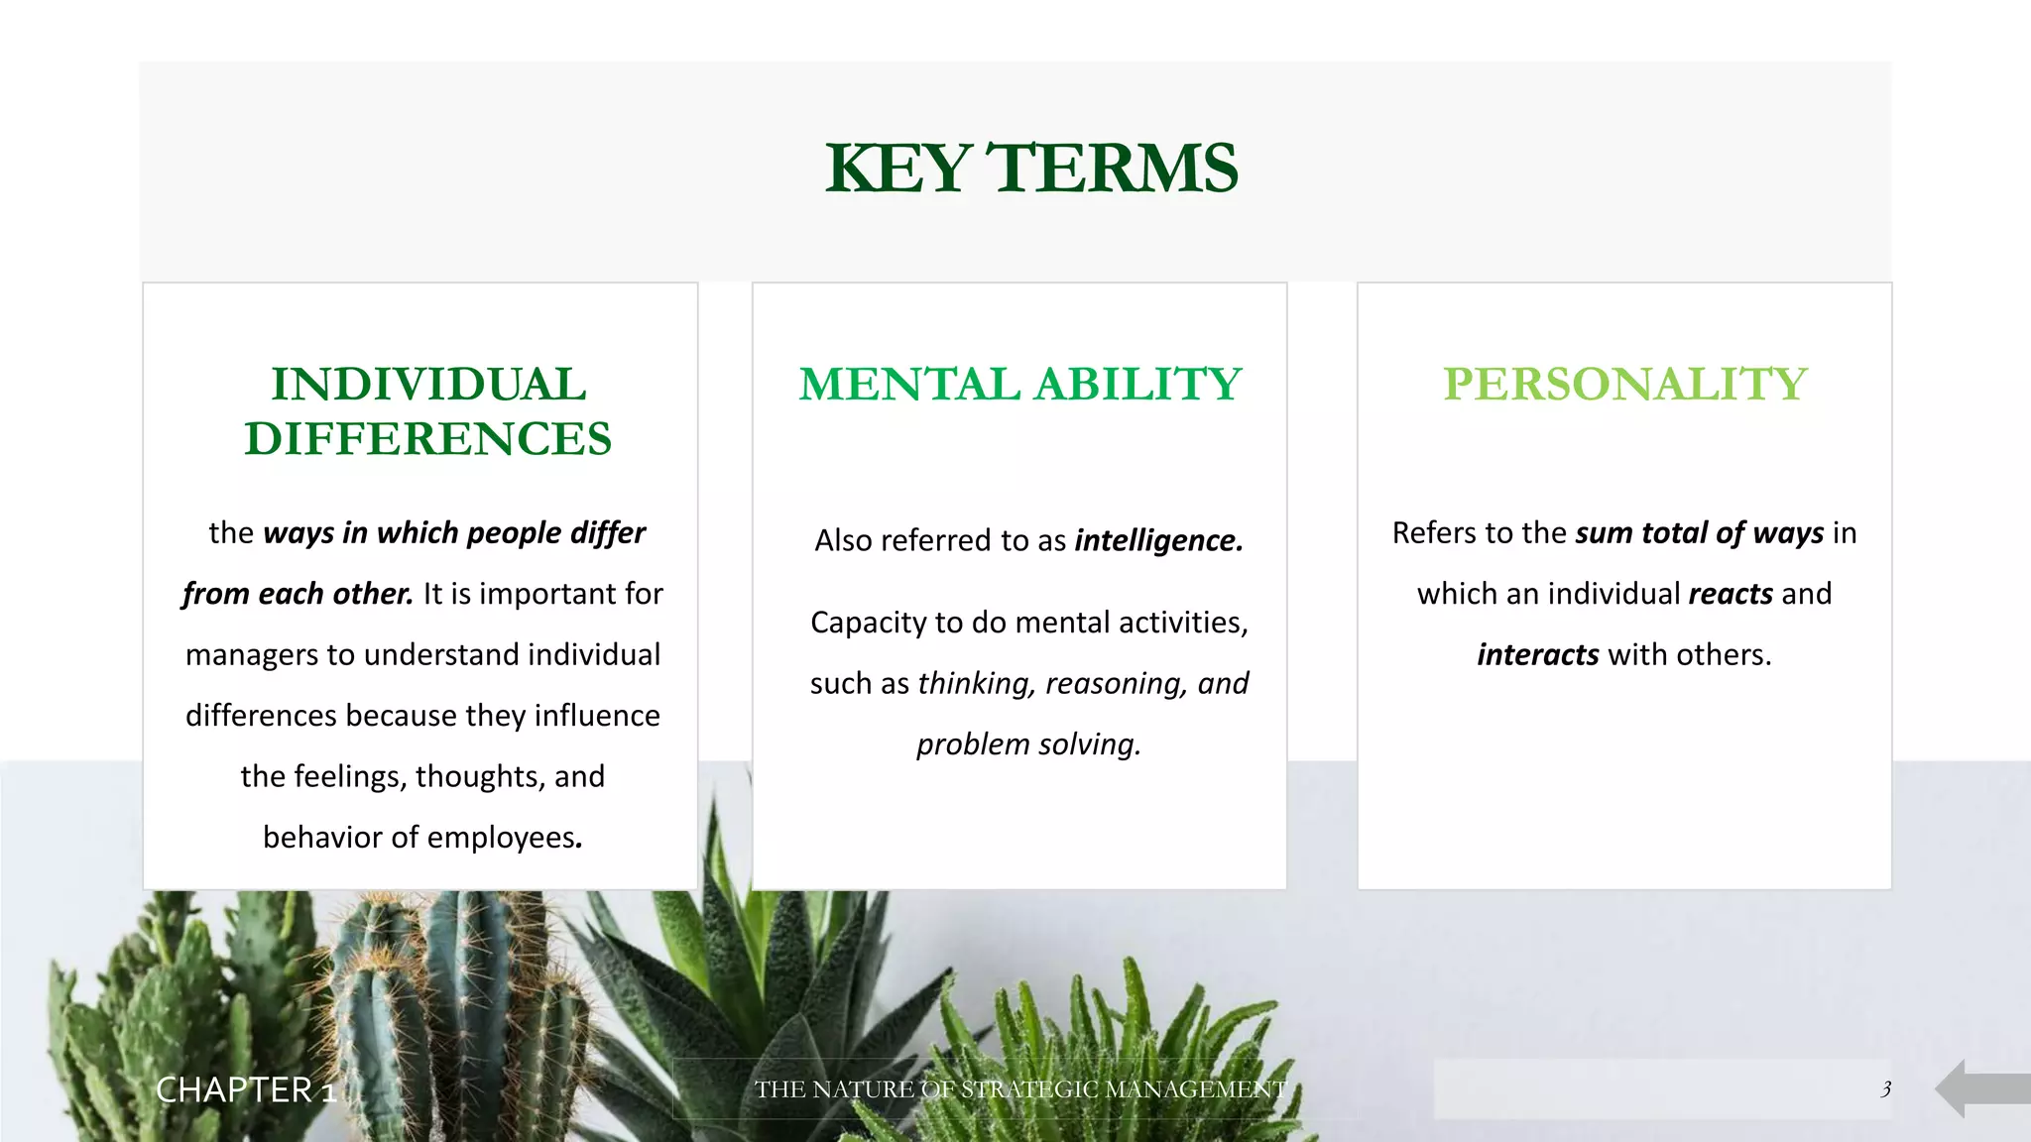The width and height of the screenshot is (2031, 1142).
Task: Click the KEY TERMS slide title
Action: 1030,169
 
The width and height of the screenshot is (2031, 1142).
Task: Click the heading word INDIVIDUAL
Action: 428,385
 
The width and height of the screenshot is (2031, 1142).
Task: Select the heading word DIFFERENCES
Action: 428,439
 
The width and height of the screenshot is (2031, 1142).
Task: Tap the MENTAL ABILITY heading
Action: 1020,385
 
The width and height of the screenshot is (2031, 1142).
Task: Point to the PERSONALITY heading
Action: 1624,385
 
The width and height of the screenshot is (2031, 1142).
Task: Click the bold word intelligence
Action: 1158,540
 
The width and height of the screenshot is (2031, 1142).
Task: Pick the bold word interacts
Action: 1537,655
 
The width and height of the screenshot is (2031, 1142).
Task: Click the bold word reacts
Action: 1731,594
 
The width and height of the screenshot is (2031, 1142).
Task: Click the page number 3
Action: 1885,1089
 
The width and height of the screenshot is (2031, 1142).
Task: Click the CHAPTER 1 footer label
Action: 246,1090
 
